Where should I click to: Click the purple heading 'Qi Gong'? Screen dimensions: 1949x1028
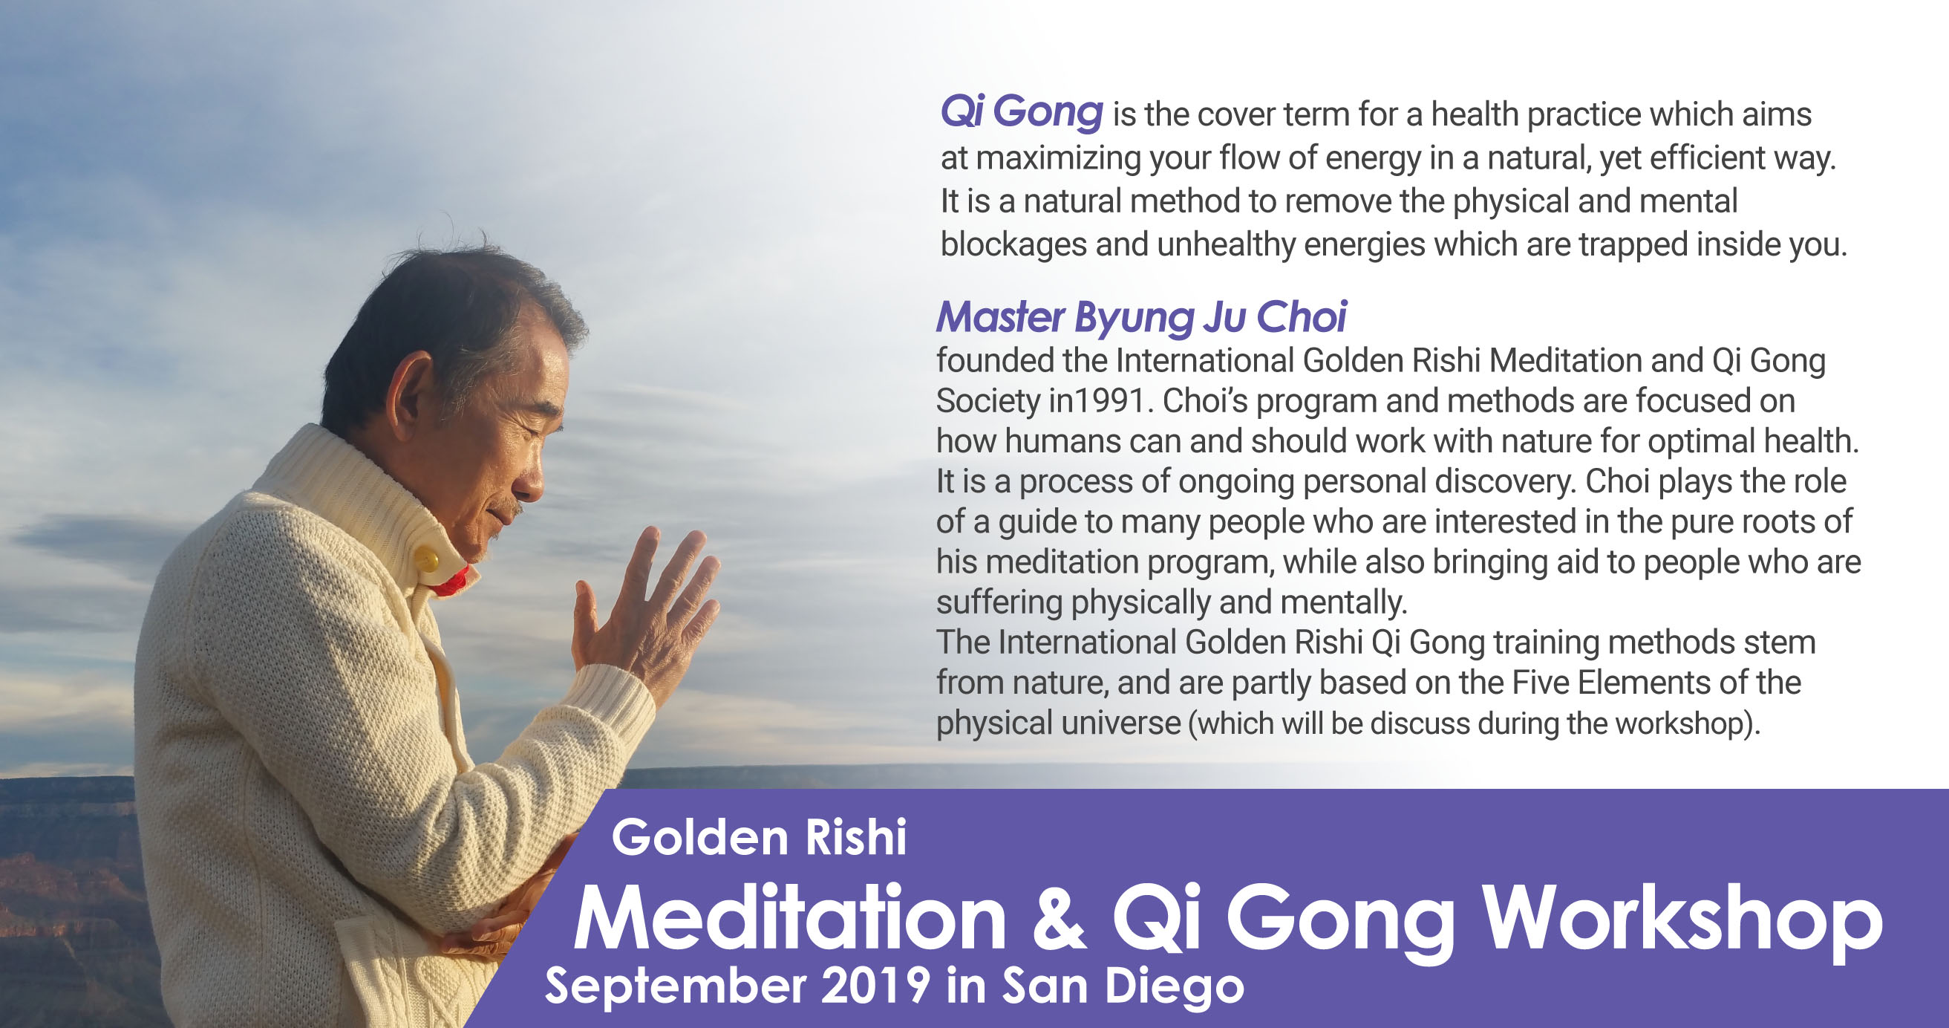pyautogui.click(x=1022, y=113)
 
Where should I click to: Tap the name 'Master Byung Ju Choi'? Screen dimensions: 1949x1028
pyautogui.click(x=1141, y=316)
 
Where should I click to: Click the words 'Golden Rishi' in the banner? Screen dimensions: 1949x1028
pyautogui.click(x=759, y=837)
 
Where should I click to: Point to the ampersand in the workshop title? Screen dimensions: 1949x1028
pyautogui.click(x=1060, y=918)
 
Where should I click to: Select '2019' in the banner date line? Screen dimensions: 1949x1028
pyautogui.click(x=875, y=986)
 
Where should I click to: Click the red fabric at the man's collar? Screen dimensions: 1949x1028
pyautogui.click(x=451, y=582)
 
